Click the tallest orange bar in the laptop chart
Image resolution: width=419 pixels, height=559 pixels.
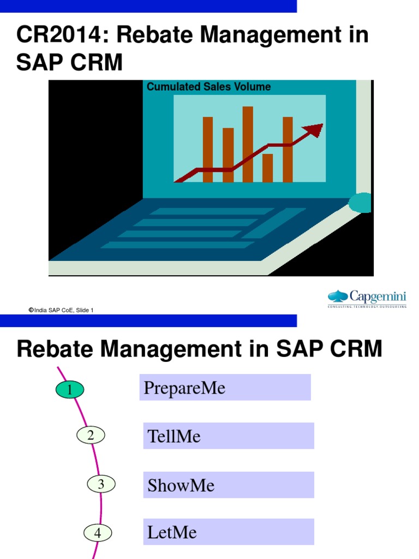(x=248, y=144)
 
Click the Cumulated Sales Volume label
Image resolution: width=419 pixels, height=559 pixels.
(x=209, y=87)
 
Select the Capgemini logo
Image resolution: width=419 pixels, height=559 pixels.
(x=367, y=299)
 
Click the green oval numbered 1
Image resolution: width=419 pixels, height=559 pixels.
(x=70, y=390)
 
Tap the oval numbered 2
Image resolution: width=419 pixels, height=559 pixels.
(x=91, y=435)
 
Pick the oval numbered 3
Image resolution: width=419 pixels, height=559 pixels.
(x=101, y=484)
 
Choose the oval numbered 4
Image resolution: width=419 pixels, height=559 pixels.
(x=98, y=533)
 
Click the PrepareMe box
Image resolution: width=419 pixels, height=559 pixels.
(x=225, y=388)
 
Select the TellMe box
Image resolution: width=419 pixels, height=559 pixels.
(x=229, y=436)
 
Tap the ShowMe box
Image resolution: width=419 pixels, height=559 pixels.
(x=229, y=485)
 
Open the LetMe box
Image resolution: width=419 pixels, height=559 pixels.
(x=229, y=532)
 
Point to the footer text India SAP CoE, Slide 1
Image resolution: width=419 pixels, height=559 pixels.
(x=64, y=310)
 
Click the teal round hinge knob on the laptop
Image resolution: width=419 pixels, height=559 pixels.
(x=360, y=203)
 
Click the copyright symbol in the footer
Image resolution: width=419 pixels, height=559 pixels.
(x=31, y=310)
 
